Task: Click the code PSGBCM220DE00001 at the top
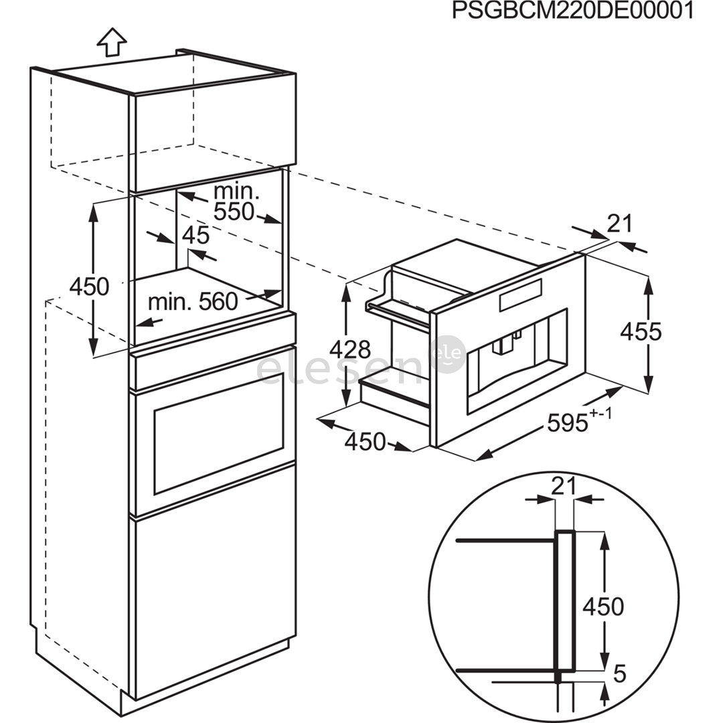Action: [x=572, y=11]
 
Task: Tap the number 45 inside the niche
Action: [x=195, y=235]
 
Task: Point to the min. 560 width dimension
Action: [x=193, y=302]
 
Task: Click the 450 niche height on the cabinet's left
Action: [x=89, y=287]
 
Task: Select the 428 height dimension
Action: [x=349, y=349]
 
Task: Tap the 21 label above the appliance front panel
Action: [x=619, y=224]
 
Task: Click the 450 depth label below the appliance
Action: [x=365, y=442]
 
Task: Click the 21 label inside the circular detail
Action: [x=564, y=487]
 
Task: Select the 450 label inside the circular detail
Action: [x=602, y=607]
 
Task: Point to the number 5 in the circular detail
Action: [x=619, y=673]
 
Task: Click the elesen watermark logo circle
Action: [x=448, y=353]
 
